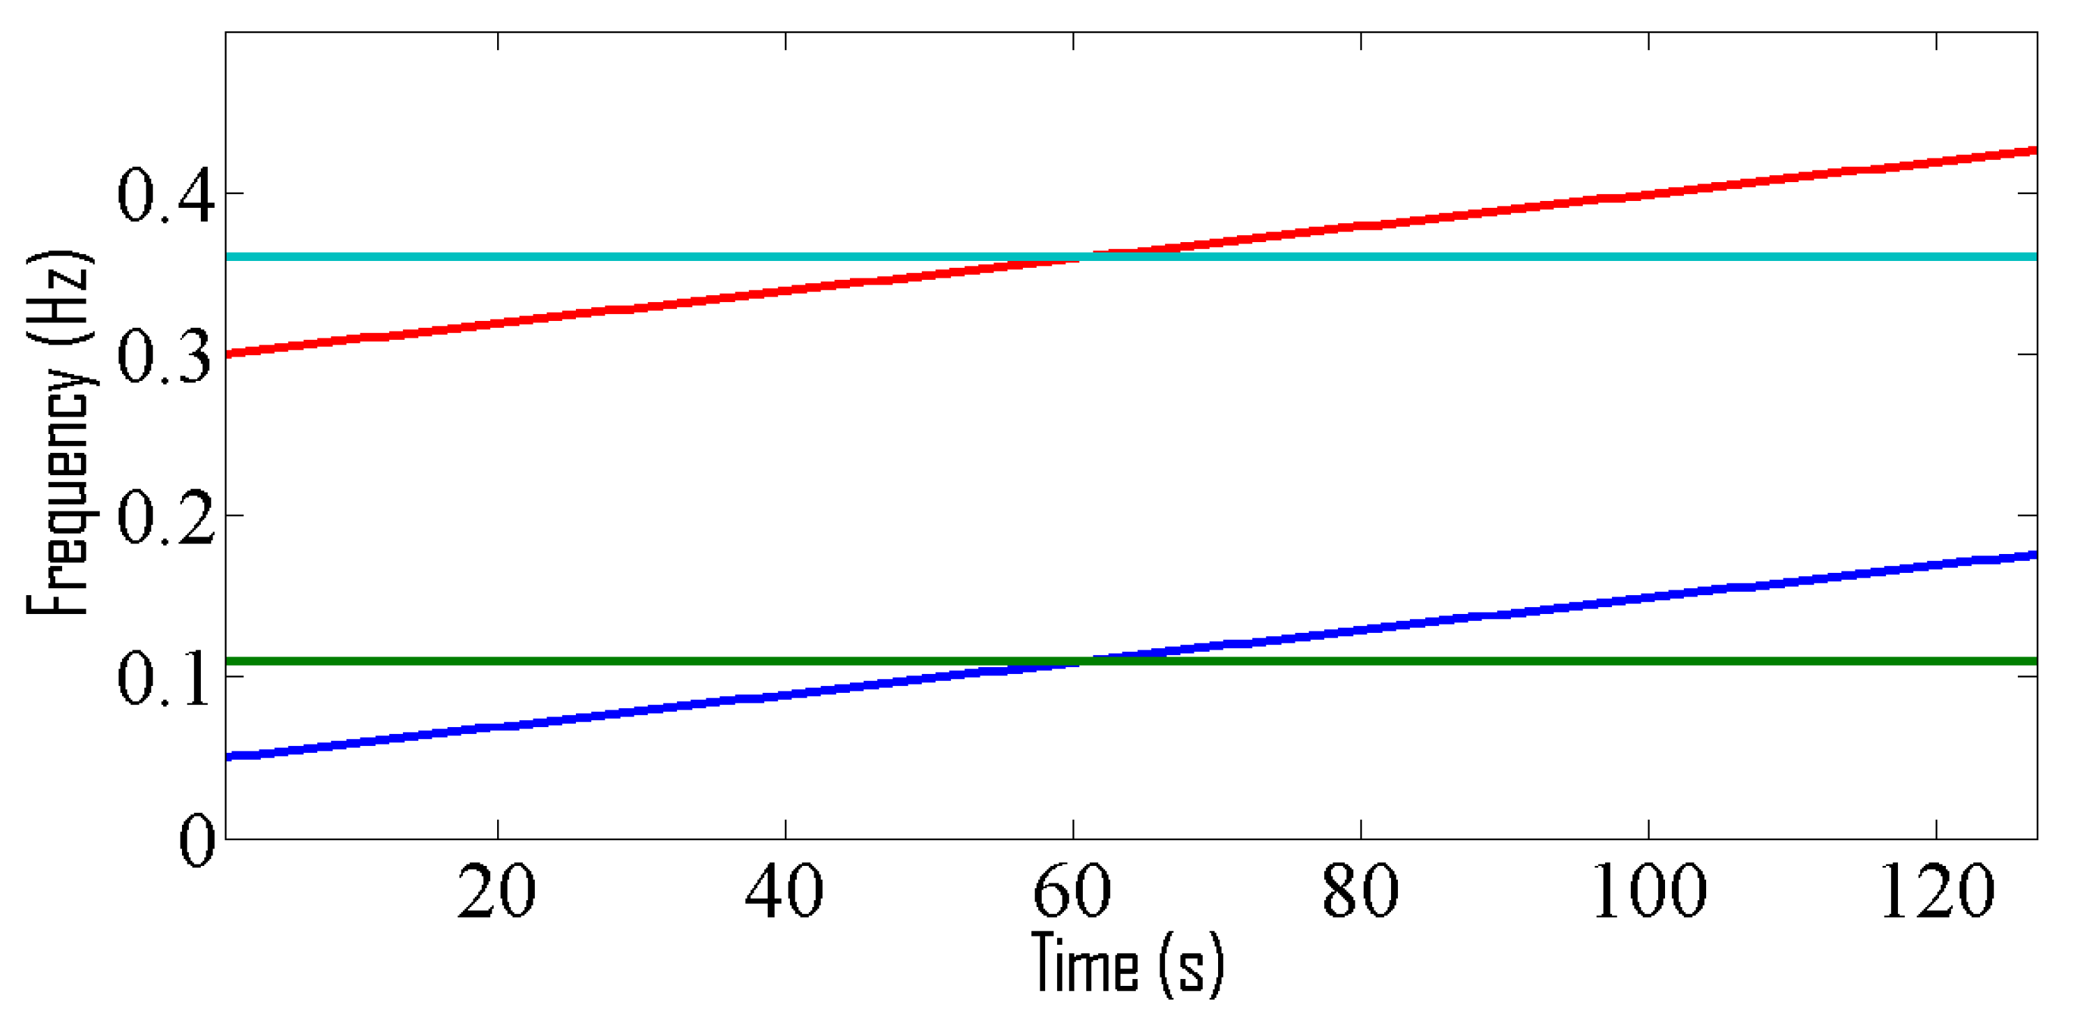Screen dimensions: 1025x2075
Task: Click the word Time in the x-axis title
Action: (1084, 962)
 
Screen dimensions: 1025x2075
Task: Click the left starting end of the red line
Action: (228, 354)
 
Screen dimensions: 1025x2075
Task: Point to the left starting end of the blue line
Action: (228, 756)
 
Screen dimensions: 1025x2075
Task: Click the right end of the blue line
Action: (2035, 555)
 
